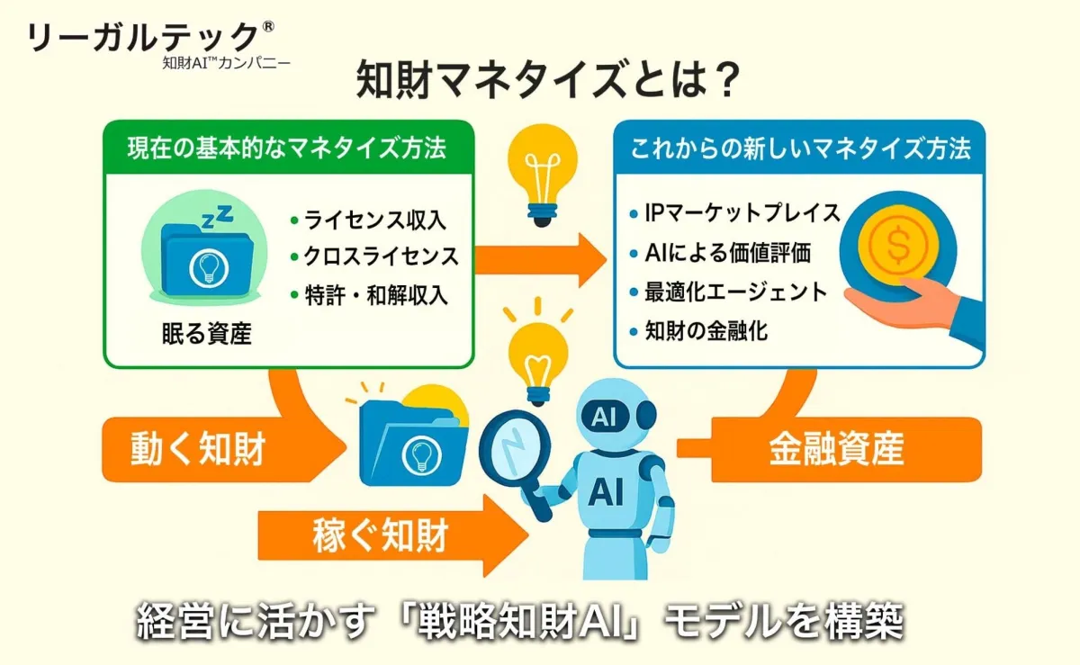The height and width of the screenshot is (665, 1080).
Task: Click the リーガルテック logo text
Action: pos(143,37)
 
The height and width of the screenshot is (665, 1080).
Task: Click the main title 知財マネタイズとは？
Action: pos(548,79)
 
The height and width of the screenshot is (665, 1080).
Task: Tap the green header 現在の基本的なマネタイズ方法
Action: pos(287,148)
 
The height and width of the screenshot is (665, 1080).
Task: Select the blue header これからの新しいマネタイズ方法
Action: pos(800,148)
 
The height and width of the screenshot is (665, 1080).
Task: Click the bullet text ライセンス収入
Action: pos(375,220)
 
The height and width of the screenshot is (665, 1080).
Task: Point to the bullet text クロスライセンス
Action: pos(381,256)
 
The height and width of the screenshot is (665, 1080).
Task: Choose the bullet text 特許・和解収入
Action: pos(376,295)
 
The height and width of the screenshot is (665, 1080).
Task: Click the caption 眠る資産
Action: pos(207,333)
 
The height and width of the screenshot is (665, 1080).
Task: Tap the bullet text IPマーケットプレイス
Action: pos(742,213)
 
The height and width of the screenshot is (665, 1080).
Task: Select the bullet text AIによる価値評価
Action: pos(727,253)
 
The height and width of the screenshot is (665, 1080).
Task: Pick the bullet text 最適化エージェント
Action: pos(736,292)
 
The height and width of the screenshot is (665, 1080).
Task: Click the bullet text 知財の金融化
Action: pos(706,331)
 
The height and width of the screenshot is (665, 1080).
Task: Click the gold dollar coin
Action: pos(898,245)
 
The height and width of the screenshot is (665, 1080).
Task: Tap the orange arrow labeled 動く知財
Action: pos(224,449)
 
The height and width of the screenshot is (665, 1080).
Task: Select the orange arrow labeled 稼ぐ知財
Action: pos(393,535)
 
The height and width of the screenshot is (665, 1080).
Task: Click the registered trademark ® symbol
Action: pos(268,26)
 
